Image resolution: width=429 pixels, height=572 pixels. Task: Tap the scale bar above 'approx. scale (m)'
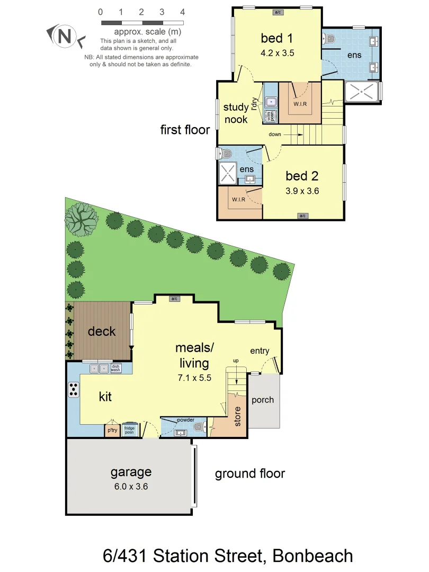[x=142, y=23]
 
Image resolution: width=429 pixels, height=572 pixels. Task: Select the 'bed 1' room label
[x=277, y=38]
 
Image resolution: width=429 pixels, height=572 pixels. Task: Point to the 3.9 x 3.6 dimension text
[x=302, y=191]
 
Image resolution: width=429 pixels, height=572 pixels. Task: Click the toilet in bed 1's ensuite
[x=330, y=39]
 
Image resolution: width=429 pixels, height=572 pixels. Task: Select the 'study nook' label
[x=236, y=113]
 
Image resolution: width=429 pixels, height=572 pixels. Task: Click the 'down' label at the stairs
[x=275, y=135]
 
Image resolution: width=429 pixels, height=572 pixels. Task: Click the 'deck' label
[x=102, y=332]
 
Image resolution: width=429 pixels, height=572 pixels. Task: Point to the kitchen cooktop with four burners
[x=74, y=390]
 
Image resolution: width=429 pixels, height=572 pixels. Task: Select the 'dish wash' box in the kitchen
[x=115, y=368]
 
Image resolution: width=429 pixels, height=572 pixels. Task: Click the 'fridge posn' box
[x=129, y=430]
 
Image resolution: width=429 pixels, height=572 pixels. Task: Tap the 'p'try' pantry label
[x=112, y=430]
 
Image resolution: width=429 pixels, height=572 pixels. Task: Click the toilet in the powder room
[x=199, y=427]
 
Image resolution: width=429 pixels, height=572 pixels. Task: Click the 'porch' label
[x=263, y=400]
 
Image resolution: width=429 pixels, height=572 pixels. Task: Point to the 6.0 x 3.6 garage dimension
[x=131, y=486]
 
